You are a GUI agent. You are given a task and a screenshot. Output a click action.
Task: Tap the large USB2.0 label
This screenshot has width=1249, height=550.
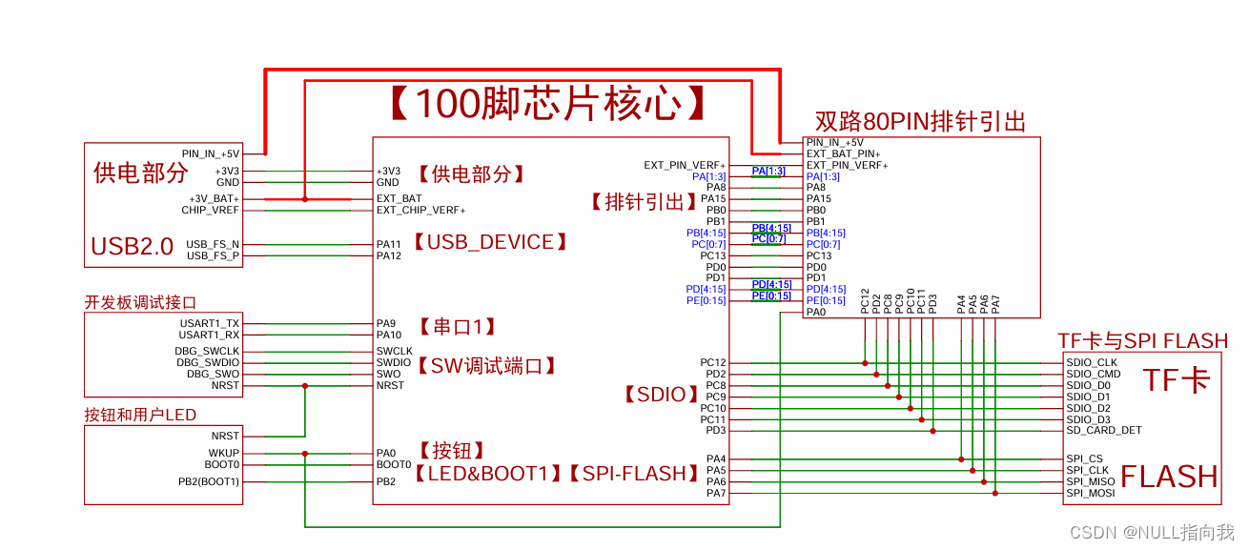(132, 247)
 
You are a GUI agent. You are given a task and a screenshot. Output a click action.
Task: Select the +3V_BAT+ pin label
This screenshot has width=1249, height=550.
(214, 199)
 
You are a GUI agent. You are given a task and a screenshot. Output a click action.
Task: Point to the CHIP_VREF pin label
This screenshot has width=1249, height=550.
(211, 210)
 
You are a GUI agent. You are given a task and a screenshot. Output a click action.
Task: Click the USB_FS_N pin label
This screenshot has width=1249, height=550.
(213, 244)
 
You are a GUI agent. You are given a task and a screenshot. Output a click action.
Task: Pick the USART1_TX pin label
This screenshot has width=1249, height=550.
(210, 324)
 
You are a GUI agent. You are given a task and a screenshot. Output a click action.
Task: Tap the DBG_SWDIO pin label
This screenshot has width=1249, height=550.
(207, 362)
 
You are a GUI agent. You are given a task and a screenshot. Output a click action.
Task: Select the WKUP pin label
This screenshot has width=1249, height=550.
(224, 454)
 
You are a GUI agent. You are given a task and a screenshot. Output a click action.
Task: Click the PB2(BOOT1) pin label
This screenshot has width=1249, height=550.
(209, 482)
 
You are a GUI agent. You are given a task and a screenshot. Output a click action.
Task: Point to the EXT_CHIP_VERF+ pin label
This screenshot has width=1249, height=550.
(420, 210)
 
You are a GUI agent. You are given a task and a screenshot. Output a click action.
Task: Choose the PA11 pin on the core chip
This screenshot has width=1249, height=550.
(389, 245)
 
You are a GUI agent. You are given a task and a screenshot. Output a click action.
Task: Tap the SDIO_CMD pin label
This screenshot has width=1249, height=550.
(1094, 375)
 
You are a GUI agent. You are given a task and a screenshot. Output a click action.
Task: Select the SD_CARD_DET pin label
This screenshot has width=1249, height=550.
(1104, 431)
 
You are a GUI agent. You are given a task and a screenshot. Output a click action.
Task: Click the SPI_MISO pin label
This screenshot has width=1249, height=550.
(1092, 482)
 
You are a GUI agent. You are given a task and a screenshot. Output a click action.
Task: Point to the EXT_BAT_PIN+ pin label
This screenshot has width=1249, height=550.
(843, 153)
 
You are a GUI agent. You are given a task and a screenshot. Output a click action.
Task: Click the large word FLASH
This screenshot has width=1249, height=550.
(1169, 476)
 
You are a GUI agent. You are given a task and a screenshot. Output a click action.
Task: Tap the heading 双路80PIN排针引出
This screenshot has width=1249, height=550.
(920, 122)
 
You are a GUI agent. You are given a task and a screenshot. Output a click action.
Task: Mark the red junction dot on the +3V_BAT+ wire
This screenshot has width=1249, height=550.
(305, 199)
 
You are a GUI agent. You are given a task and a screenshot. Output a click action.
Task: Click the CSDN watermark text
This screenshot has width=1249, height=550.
(1152, 532)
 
